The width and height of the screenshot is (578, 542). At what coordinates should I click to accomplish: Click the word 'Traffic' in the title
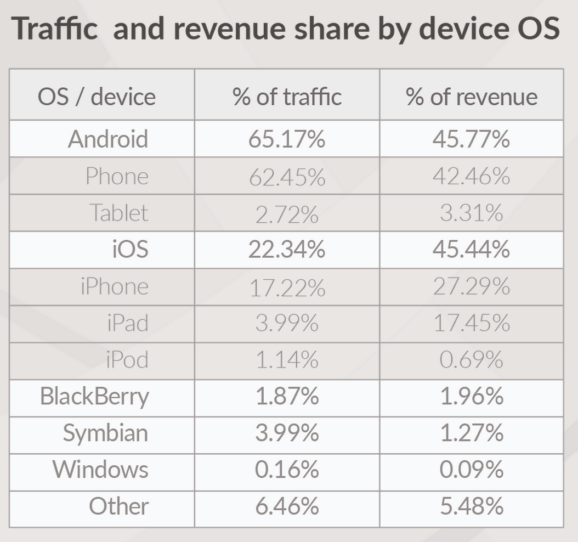click(55, 29)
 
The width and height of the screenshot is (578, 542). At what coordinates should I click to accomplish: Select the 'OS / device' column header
click(97, 97)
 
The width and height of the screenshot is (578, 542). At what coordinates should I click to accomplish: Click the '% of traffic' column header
click(287, 97)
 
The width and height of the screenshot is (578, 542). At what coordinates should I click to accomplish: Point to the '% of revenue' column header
click(472, 97)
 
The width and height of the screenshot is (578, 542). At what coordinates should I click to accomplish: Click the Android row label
click(108, 139)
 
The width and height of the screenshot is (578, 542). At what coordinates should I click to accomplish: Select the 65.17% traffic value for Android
click(287, 139)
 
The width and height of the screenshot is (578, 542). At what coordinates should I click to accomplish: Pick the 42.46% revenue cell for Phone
click(472, 176)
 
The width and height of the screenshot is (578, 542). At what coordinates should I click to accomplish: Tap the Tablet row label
click(118, 213)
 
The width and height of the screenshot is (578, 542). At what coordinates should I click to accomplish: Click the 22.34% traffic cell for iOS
click(287, 250)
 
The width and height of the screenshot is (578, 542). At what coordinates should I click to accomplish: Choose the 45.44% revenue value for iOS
click(472, 250)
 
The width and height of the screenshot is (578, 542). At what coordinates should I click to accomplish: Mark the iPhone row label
click(115, 287)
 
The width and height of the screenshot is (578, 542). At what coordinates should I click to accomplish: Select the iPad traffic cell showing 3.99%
click(287, 324)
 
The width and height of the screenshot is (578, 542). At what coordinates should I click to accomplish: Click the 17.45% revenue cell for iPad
click(472, 324)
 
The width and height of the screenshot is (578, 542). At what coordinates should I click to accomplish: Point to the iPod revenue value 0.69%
click(472, 360)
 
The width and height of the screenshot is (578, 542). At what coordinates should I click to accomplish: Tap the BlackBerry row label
click(94, 397)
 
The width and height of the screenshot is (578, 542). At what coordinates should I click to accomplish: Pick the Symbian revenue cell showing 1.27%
click(472, 433)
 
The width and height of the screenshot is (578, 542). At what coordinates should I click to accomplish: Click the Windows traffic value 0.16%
click(287, 470)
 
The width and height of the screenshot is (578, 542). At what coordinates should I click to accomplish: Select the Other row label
click(118, 506)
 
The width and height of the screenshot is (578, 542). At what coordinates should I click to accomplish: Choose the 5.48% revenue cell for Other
click(472, 507)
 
